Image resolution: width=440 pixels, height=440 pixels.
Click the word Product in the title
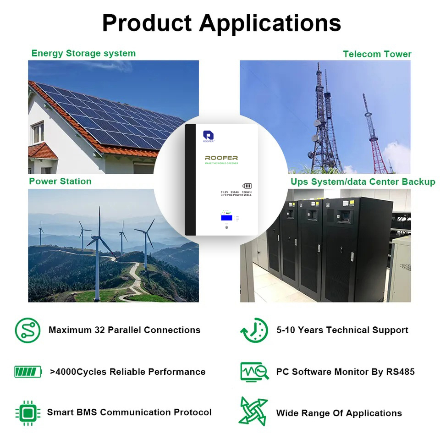(x=147, y=23)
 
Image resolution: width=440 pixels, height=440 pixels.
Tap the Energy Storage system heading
(x=83, y=53)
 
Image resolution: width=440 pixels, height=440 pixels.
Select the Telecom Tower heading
(x=377, y=54)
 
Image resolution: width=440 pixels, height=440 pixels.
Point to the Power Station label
(x=60, y=181)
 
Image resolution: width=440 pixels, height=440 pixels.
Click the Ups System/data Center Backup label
(x=363, y=182)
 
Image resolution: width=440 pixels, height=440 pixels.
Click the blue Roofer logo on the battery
(x=208, y=135)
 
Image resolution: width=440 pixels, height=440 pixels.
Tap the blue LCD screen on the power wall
(x=226, y=218)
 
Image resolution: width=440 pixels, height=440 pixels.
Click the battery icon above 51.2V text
(x=247, y=186)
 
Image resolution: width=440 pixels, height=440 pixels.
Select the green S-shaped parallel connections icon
(x=27, y=330)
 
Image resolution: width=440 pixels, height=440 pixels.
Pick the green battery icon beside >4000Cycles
(x=28, y=372)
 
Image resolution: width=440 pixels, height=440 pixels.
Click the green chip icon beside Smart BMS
(x=28, y=413)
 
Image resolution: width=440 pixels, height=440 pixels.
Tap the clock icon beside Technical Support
(x=254, y=330)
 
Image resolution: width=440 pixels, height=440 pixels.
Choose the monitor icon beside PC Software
(x=254, y=372)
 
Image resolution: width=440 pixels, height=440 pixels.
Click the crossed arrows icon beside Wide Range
(x=253, y=412)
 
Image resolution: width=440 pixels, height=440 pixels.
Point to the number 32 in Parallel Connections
(x=99, y=330)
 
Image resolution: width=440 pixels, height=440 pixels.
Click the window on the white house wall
(x=38, y=133)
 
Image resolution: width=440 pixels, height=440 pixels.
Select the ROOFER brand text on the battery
(x=221, y=158)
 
